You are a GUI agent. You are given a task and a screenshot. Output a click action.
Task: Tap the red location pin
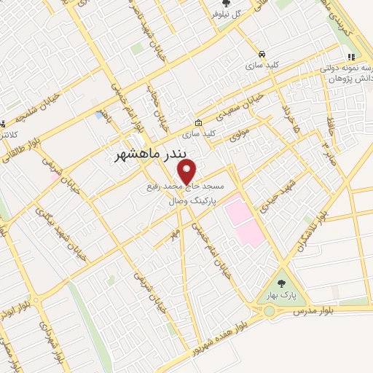coord(187,172)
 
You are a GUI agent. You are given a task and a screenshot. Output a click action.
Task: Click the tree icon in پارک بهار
coord(282,283)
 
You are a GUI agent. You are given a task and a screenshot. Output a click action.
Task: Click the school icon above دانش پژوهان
coord(350,57)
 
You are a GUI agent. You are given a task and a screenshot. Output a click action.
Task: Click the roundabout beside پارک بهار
coord(270,312)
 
